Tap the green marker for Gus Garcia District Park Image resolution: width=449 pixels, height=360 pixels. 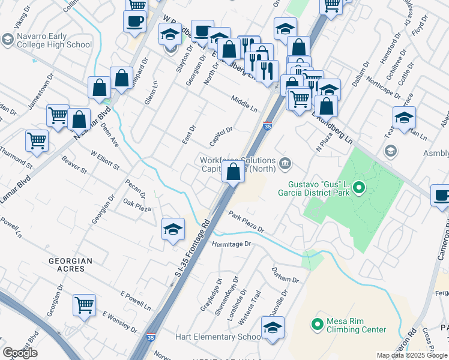pos(359,188)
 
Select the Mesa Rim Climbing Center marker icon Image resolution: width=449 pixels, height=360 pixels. pos(317,325)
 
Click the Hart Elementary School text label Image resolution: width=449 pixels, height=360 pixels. pos(218,337)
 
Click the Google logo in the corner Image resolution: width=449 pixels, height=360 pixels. pos(20,353)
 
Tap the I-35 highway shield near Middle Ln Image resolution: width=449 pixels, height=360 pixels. pos(266,127)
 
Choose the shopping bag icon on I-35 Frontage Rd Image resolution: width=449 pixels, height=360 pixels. pos(233,172)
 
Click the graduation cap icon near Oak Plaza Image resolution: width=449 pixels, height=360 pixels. pos(173,230)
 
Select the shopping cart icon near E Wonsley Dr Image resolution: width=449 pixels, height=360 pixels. pos(85,304)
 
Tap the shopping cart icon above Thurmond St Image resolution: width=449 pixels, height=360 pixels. pos(37,141)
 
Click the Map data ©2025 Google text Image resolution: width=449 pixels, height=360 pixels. pos(412,355)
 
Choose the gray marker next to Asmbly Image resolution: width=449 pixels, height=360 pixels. pos(391,150)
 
